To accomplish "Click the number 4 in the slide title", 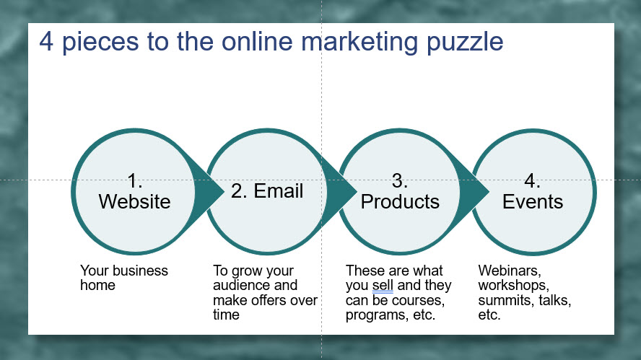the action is [x=46, y=42].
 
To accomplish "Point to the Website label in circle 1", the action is [x=134, y=201].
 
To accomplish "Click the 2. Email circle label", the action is [x=267, y=191].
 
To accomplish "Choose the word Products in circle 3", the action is [x=400, y=201].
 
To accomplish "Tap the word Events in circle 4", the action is [x=533, y=201].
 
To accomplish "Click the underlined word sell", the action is [x=383, y=285].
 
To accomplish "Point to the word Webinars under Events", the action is [x=510, y=271].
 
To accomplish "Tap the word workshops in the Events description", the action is [x=513, y=285].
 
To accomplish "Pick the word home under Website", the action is [x=97, y=285].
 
